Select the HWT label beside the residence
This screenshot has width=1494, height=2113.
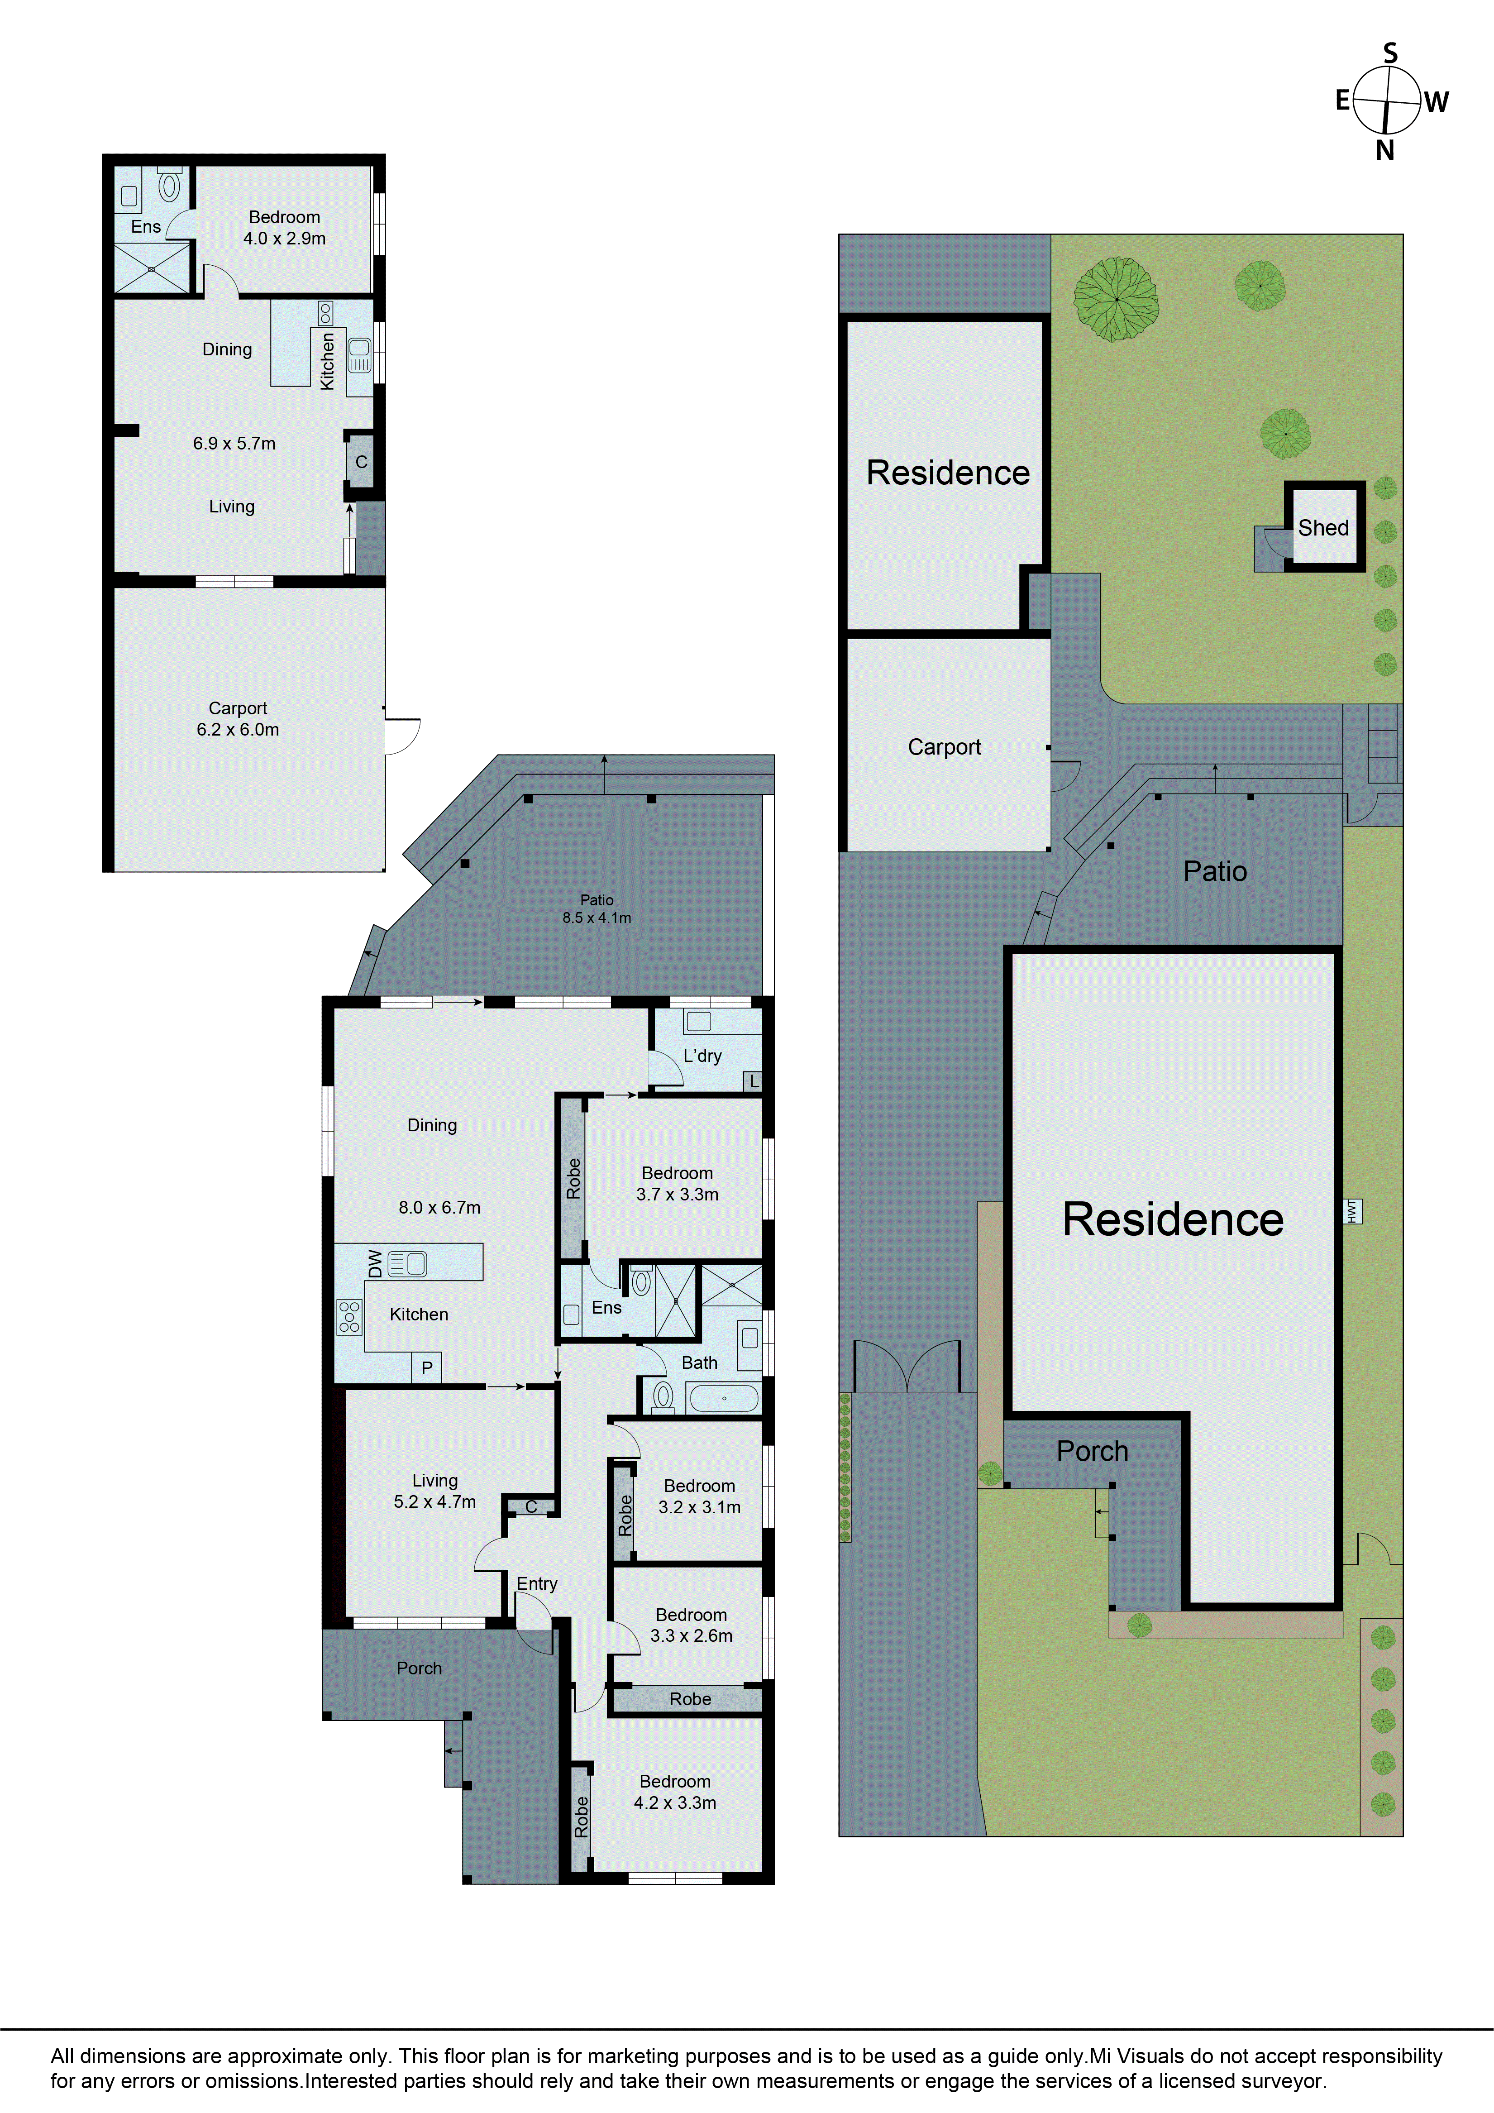coord(1352,1211)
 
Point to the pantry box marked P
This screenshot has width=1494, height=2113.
coord(427,1367)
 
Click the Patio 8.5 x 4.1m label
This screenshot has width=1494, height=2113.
coord(597,908)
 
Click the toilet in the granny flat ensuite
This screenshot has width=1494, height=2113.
coord(169,186)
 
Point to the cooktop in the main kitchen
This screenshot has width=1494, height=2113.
coord(348,1316)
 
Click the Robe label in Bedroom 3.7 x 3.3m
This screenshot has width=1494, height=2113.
coord(573,1179)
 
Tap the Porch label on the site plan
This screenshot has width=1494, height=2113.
coord(1092,1450)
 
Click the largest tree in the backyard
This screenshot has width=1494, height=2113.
coord(1116,299)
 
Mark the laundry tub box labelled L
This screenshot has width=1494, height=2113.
coord(754,1081)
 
